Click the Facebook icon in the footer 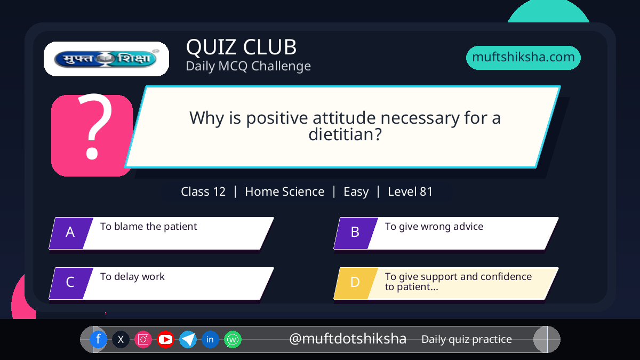click(x=98, y=339)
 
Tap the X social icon click(x=121, y=339)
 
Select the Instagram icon click(x=143, y=339)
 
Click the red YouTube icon click(x=165, y=339)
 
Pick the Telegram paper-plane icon click(x=188, y=339)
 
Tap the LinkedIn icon click(x=210, y=339)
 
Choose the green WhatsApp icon click(x=233, y=339)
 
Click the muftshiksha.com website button click(x=523, y=58)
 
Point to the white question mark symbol click(x=95, y=126)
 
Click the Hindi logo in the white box click(x=106, y=59)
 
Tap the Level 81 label click(x=410, y=191)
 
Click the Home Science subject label click(x=285, y=191)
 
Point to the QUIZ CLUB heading click(x=241, y=47)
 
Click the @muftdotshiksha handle click(x=348, y=339)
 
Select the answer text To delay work click(x=132, y=277)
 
